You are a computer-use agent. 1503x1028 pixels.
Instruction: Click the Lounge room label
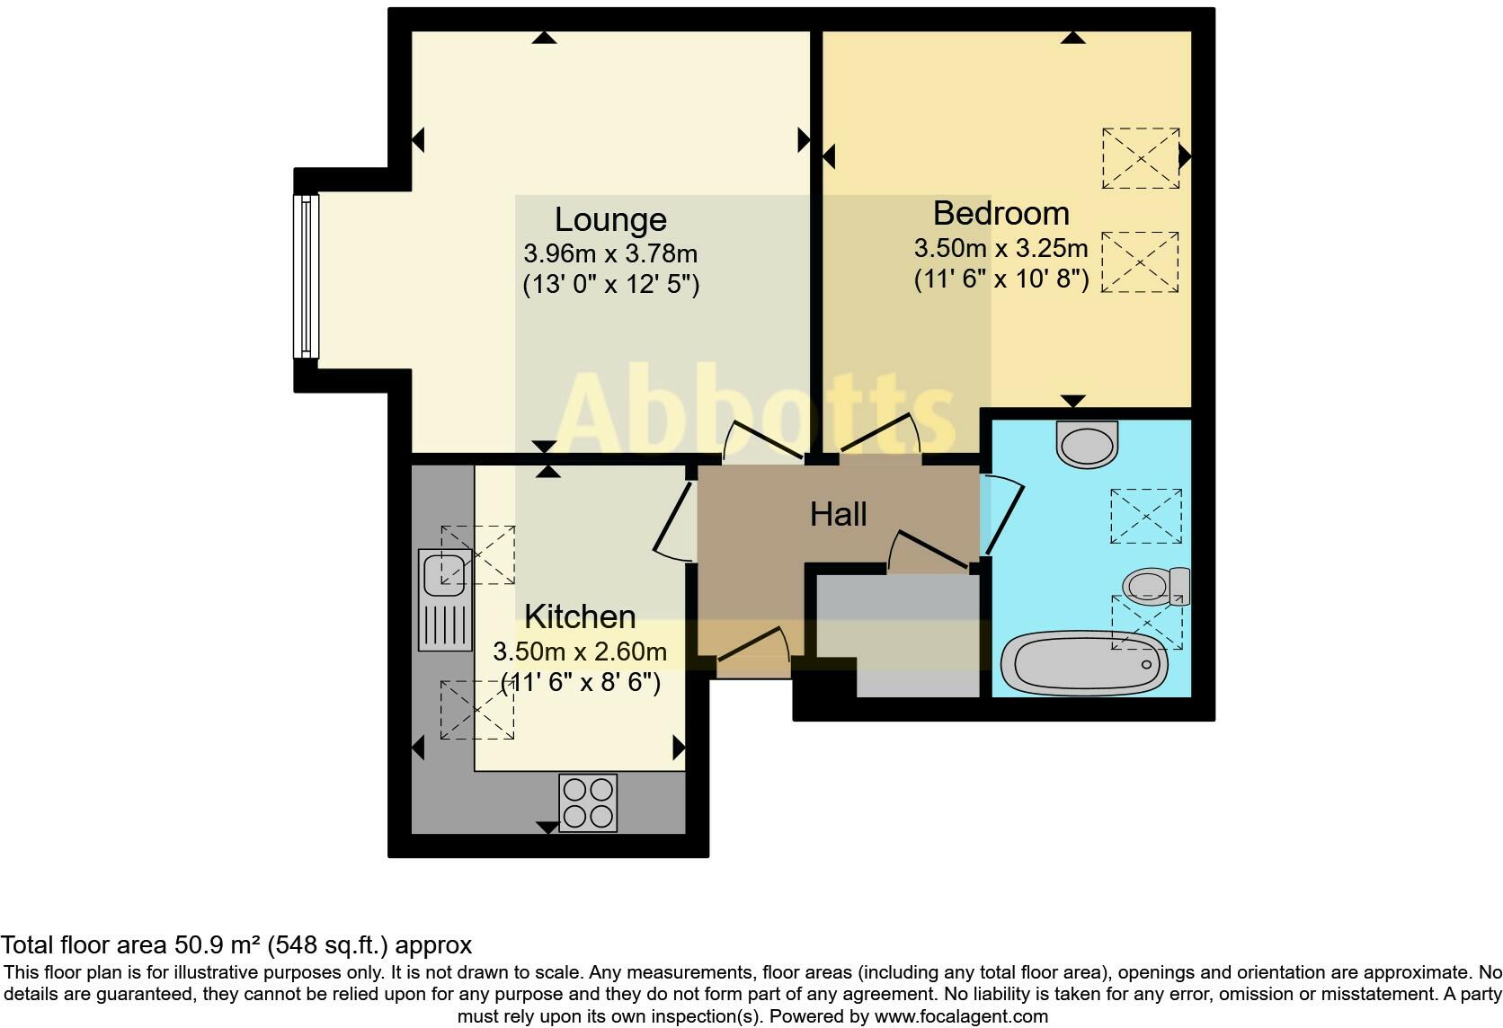610,220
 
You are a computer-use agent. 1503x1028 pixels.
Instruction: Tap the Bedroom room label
1001,214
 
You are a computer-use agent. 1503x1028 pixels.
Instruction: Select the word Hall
838,515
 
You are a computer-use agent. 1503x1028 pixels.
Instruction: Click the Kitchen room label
580,617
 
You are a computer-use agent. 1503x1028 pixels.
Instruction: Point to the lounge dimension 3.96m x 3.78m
610,254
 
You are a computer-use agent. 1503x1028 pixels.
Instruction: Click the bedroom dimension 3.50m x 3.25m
1001,248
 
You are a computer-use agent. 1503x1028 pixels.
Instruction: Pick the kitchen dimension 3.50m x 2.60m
580,651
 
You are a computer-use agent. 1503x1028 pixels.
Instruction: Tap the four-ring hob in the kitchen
588,802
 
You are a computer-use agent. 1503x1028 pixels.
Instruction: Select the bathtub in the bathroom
1084,663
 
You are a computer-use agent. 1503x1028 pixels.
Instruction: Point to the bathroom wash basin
1087,443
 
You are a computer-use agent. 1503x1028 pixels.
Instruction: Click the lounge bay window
307,276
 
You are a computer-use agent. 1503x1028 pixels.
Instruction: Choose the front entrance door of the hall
753,649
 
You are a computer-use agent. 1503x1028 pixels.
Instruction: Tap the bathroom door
1003,517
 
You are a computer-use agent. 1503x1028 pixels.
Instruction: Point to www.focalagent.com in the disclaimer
961,1017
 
